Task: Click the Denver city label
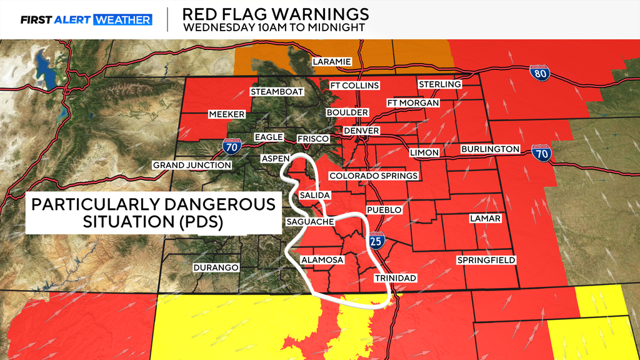361,131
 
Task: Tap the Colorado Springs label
373,176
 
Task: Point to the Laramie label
332,61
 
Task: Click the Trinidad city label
395,277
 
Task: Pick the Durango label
216,267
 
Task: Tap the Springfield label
486,259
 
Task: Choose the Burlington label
490,149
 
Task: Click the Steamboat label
277,92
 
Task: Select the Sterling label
439,84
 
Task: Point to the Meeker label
226,114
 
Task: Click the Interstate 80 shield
539,73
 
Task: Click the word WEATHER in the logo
122,19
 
